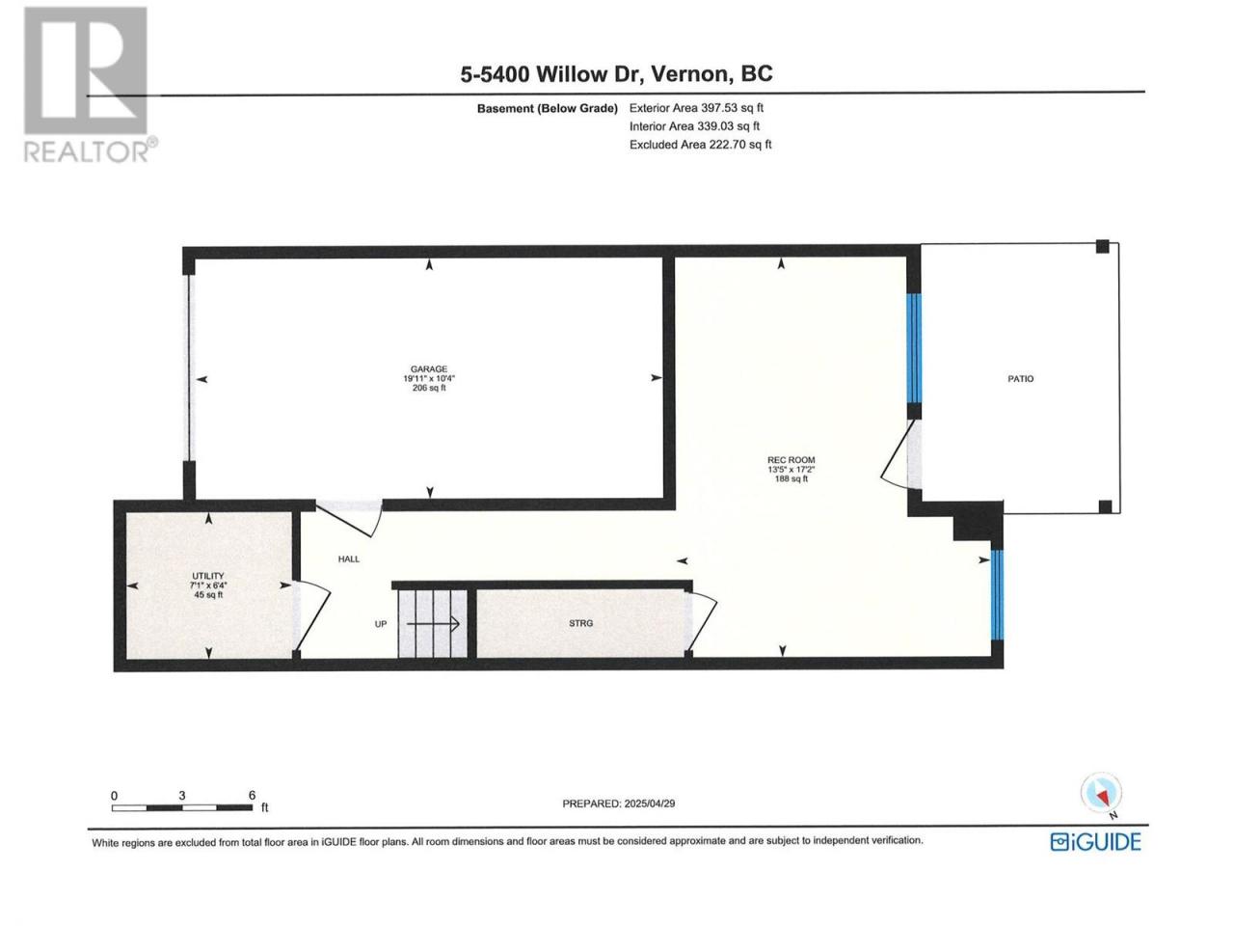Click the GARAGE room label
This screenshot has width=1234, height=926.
pyautogui.click(x=428, y=368)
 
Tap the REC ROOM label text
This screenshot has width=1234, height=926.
pyautogui.click(x=791, y=460)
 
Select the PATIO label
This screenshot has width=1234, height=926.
pyautogui.click(x=1020, y=379)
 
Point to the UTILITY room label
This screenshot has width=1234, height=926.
pyautogui.click(x=208, y=576)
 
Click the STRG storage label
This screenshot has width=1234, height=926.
pyautogui.click(x=580, y=623)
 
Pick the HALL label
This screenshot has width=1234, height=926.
pyautogui.click(x=349, y=558)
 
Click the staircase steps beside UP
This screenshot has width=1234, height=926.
pyautogui.click(x=432, y=623)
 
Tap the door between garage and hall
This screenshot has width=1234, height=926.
pyautogui.click(x=350, y=517)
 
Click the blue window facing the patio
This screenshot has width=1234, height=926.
pyautogui.click(x=915, y=348)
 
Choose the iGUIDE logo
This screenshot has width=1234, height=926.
pyautogui.click(x=1096, y=842)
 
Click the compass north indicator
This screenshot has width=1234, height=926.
pyautogui.click(x=1101, y=795)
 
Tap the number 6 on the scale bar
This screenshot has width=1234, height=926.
pyautogui.click(x=252, y=795)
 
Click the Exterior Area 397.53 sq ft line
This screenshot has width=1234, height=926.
pyautogui.click(x=696, y=108)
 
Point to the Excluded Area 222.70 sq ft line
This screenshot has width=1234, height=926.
pyautogui.click(x=700, y=145)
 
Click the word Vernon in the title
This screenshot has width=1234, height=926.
pyautogui.click(x=691, y=74)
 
